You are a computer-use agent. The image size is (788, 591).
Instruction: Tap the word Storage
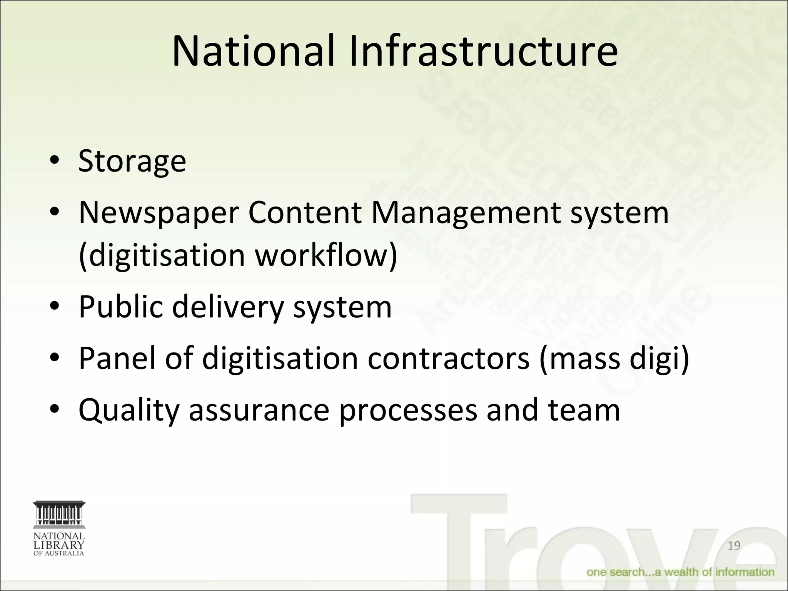click(132, 160)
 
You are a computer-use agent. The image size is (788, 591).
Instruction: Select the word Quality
click(129, 411)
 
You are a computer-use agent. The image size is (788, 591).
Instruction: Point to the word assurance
click(259, 411)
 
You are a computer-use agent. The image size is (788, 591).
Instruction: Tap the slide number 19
click(734, 546)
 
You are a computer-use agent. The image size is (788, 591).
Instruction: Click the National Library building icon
click(59, 514)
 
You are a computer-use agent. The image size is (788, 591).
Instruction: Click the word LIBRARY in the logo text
click(59, 545)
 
